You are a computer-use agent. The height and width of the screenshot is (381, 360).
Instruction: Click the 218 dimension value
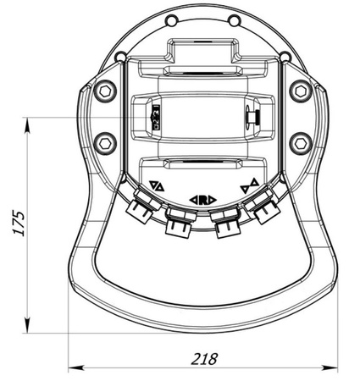tap(204, 357)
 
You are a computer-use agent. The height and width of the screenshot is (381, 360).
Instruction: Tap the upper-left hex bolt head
tap(105, 89)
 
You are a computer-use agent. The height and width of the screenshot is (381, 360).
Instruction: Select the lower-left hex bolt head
tap(105, 141)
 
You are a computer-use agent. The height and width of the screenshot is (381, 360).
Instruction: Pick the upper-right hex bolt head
tap(298, 89)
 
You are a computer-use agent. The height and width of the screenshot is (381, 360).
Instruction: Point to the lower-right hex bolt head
tap(298, 141)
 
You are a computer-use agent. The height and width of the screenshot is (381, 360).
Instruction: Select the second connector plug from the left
tap(178, 224)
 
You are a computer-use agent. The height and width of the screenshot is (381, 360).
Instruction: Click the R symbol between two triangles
tap(203, 199)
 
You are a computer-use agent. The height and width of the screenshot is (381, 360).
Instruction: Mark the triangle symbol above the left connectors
tap(156, 186)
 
